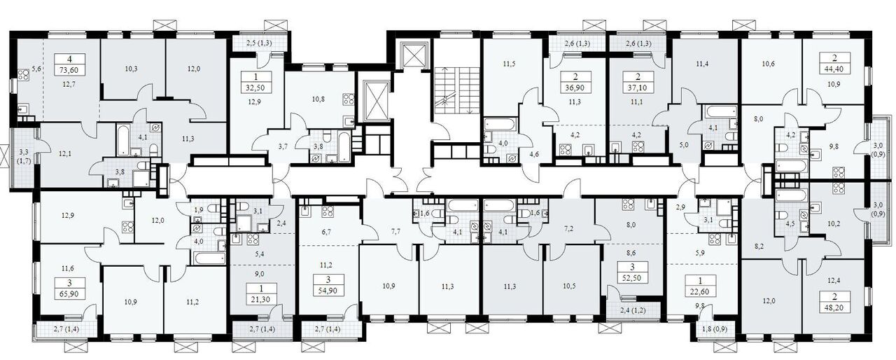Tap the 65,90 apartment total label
[x=69, y=294]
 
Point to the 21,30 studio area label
[x=262, y=298]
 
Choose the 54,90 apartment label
[x=328, y=291]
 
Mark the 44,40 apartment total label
[x=834, y=69]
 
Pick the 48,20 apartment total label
[x=834, y=307]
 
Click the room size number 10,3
[x=131, y=69]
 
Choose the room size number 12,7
[x=69, y=84]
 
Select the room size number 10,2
[x=834, y=223]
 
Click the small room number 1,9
[x=198, y=209]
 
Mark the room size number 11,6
[x=67, y=268]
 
